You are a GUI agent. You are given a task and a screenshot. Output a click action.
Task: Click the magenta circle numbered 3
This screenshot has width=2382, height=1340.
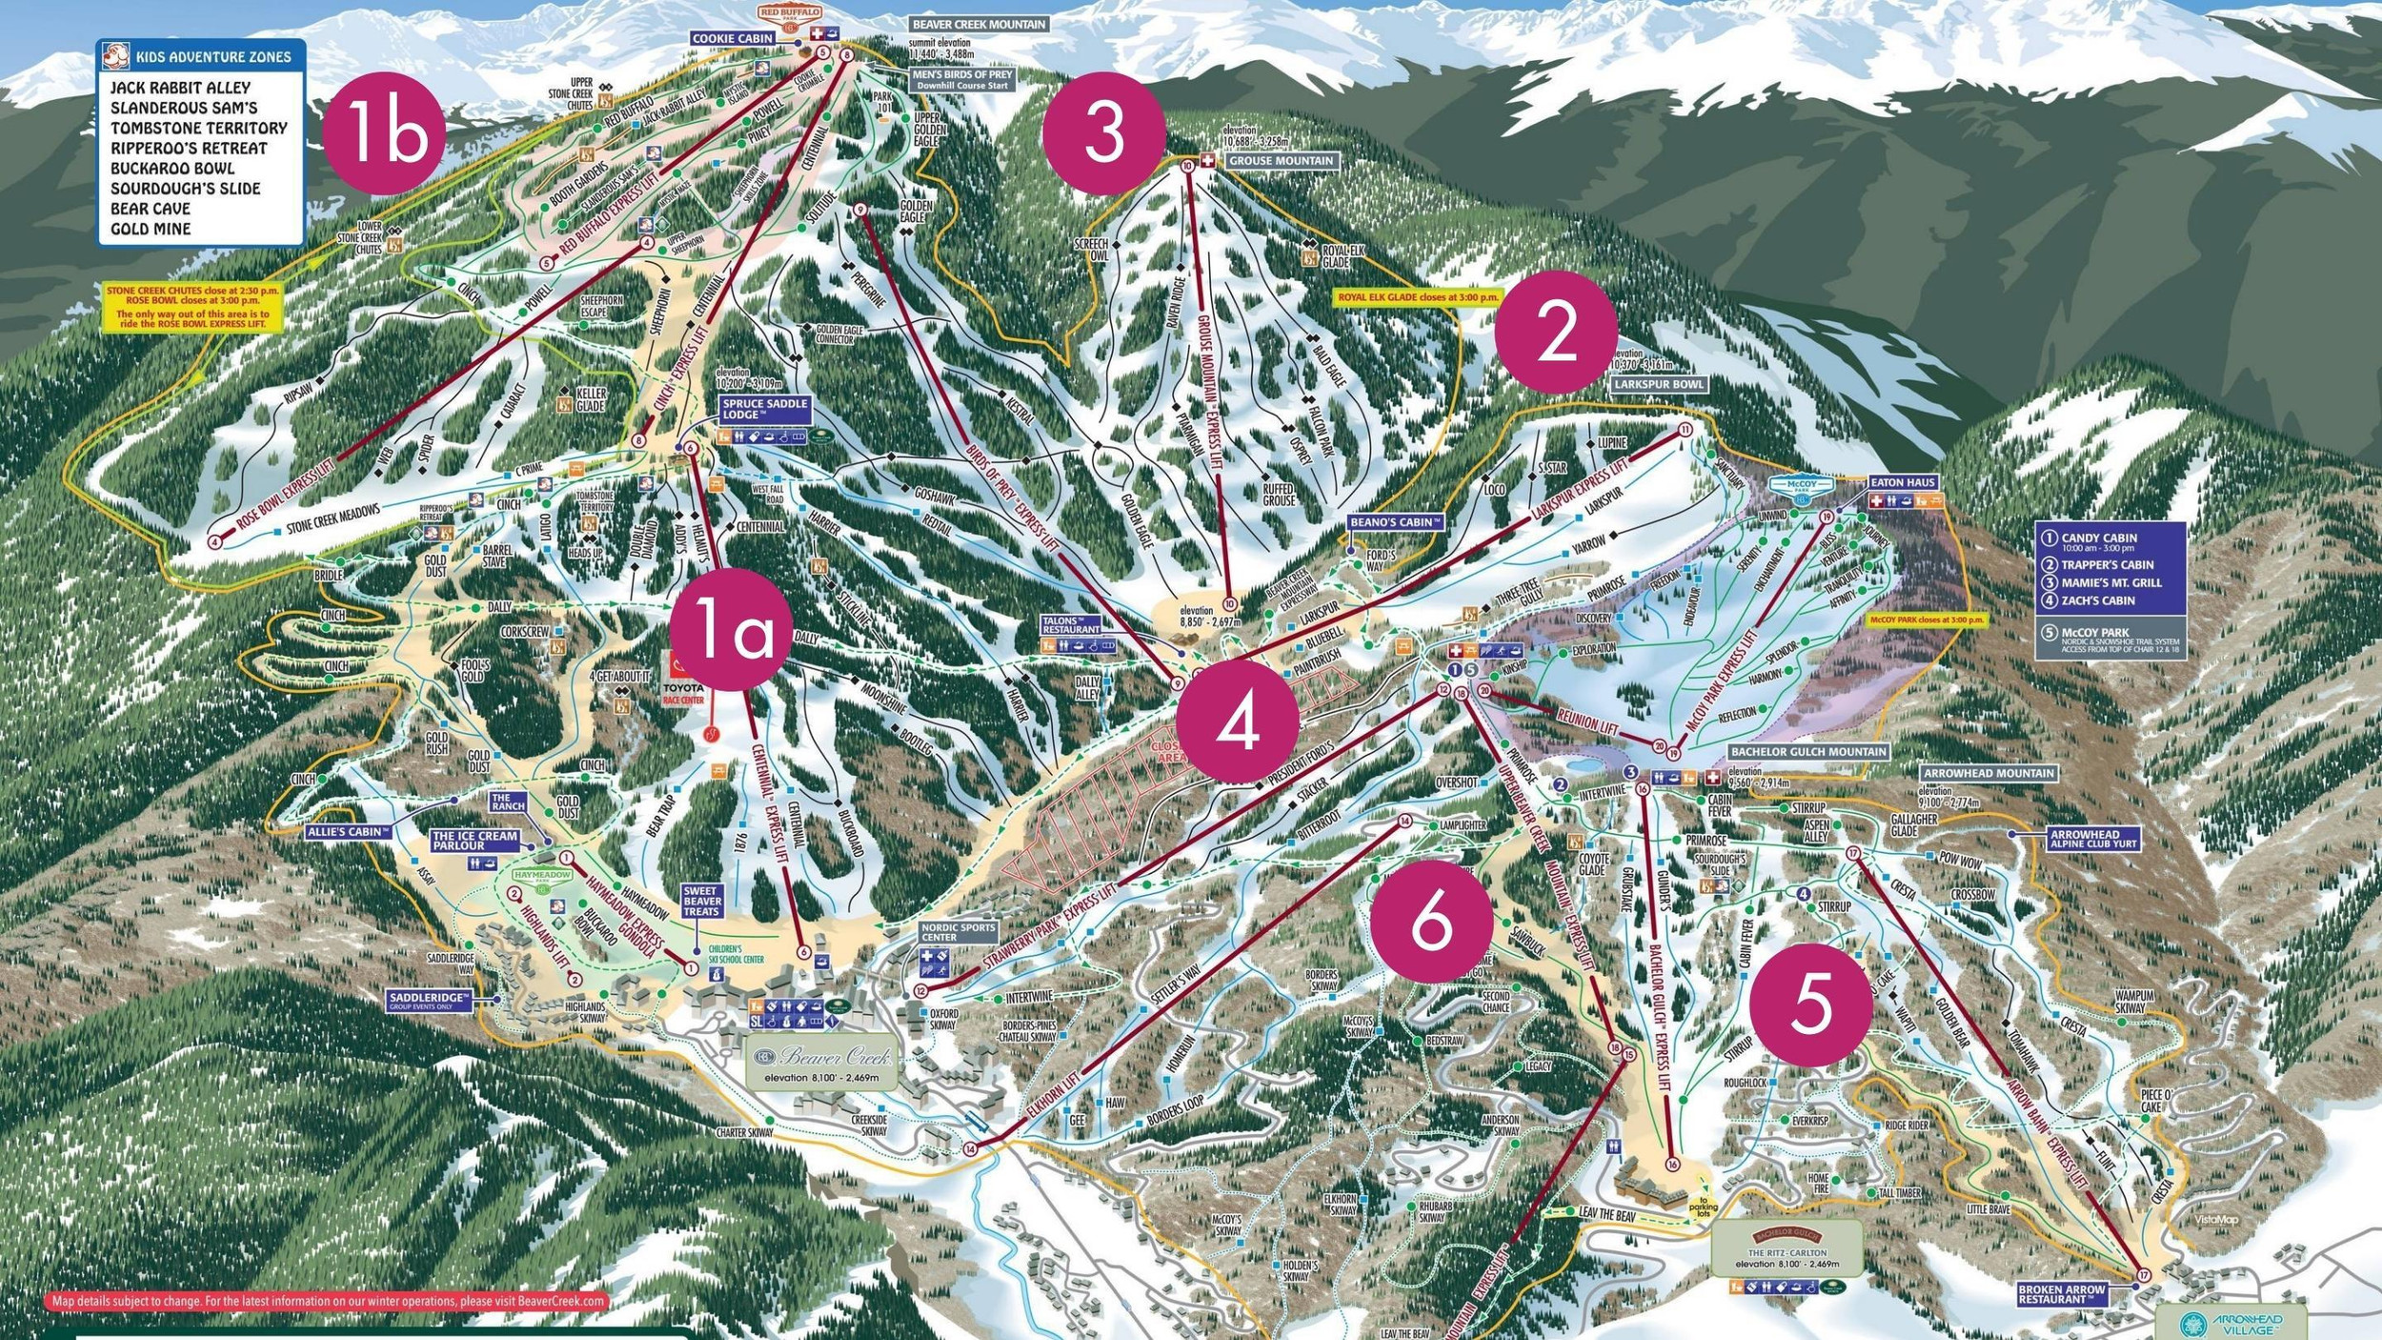point(1104,132)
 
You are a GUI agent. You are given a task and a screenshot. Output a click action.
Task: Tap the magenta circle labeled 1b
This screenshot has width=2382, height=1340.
point(385,132)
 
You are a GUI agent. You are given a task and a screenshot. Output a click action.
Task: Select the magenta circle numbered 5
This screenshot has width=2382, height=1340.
point(1810,1005)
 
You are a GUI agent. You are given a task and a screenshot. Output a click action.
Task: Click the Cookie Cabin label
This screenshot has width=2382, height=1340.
point(732,38)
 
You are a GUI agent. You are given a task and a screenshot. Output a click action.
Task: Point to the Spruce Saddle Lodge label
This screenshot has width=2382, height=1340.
point(765,409)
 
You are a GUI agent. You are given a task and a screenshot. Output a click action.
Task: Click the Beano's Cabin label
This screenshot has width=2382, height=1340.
point(1396,522)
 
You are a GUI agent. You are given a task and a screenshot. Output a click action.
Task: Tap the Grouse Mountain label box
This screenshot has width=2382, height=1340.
point(1281,161)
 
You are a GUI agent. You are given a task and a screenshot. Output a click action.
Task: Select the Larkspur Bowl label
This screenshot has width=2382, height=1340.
point(1659,384)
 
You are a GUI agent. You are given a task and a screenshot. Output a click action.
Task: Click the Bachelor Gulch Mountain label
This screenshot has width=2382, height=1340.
point(1807,751)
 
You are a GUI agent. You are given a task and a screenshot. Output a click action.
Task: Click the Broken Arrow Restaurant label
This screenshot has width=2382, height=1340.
point(2060,1294)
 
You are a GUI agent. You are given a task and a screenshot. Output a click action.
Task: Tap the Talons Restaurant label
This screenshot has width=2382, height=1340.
point(1070,625)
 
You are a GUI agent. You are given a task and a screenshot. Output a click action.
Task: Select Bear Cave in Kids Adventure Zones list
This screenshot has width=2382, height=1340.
point(150,209)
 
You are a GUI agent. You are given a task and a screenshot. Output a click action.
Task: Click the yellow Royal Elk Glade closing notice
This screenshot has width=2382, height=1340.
point(1418,297)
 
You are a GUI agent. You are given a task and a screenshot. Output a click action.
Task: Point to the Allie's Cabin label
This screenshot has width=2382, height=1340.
point(349,832)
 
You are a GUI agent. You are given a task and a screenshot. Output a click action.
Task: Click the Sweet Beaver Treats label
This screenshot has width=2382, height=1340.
point(701,901)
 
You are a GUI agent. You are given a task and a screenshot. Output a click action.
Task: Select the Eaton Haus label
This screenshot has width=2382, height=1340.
point(1902,482)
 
